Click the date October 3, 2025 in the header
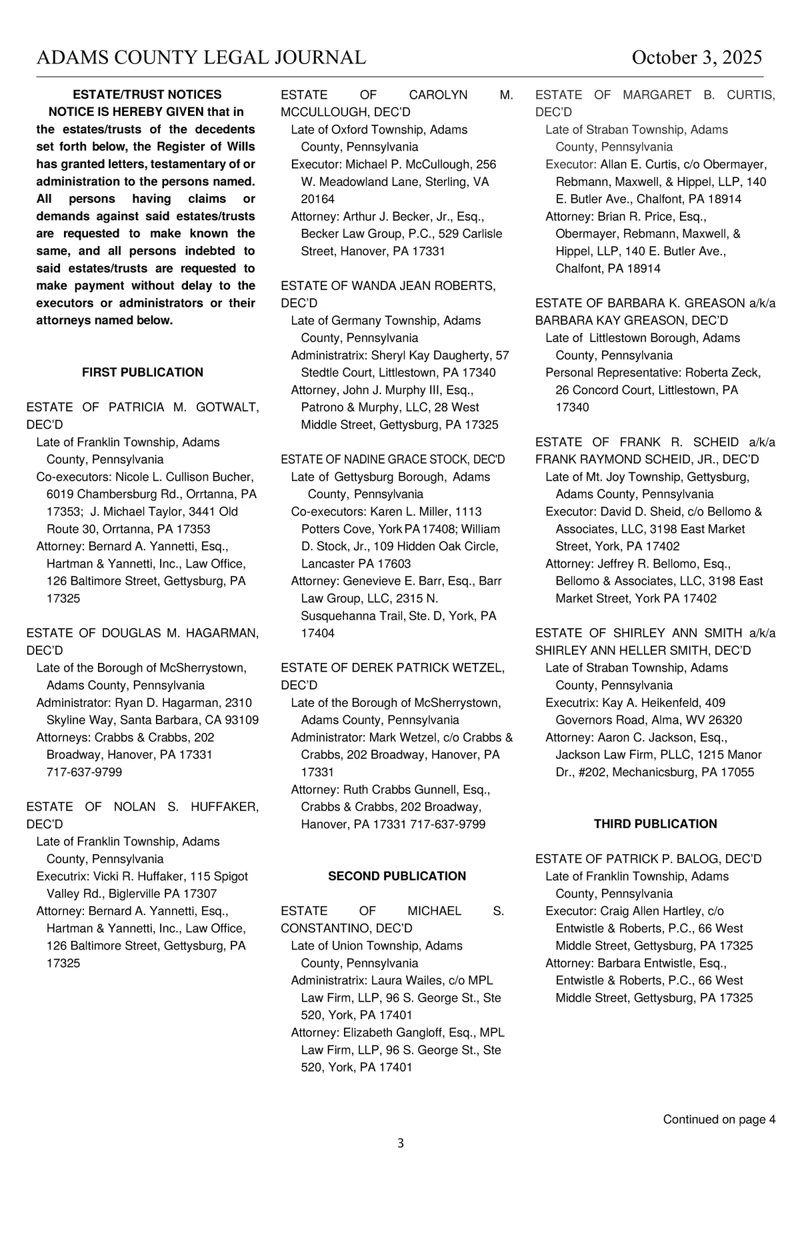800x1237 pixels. tap(697, 57)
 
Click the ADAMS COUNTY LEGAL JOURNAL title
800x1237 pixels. tap(201, 57)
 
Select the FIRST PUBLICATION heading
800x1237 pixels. tap(142, 372)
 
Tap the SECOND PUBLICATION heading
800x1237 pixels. tap(397, 876)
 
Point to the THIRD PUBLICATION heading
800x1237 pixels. tap(655, 824)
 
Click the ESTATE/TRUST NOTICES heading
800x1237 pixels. tap(147, 95)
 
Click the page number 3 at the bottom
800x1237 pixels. tap(400, 1143)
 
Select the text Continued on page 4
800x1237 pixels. tap(719, 1119)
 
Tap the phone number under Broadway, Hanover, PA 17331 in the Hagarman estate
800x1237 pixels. tap(84, 772)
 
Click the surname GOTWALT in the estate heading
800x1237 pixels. tap(227, 407)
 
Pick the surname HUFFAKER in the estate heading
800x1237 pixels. tap(225, 806)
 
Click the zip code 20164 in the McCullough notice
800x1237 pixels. tap(317, 199)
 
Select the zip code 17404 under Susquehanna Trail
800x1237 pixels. tap(317, 633)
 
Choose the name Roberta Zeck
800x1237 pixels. tap(723, 372)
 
